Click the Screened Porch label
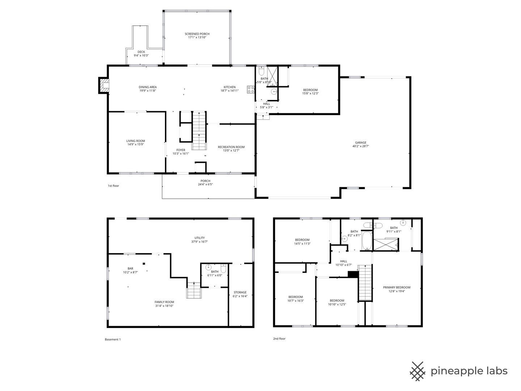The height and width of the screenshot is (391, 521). pyautogui.click(x=197, y=34)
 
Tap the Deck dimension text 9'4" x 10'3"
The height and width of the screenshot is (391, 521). pyautogui.click(x=141, y=56)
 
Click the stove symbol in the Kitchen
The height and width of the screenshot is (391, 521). pyautogui.click(x=251, y=89)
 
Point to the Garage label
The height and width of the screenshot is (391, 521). pyautogui.click(x=360, y=143)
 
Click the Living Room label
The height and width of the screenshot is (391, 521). pyautogui.click(x=136, y=141)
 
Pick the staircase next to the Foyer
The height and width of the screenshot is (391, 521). pyautogui.click(x=199, y=131)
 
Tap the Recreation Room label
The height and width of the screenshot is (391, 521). pyautogui.click(x=231, y=147)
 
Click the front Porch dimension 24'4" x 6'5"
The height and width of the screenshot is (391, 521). pyautogui.click(x=205, y=185)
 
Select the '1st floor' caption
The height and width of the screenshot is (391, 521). pyautogui.click(x=113, y=186)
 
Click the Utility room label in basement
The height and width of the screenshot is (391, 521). pyautogui.click(x=199, y=238)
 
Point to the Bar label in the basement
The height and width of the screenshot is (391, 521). pyautogui.click(x=130, y=269)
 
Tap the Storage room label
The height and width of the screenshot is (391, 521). pyautogui.click(x=240, y=292)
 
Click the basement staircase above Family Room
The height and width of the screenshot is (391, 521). pyautogui.click(x=194, y=290)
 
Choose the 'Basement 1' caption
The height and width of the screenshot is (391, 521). pyautogui.click(x=113, y=339)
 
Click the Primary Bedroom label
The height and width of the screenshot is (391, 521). pyautogui.click(x=397, y=287)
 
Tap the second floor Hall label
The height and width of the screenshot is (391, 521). pyautogui.click(x=343, y=261)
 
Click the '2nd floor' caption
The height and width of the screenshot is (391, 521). pyautogui.click(x=279, y=339)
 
